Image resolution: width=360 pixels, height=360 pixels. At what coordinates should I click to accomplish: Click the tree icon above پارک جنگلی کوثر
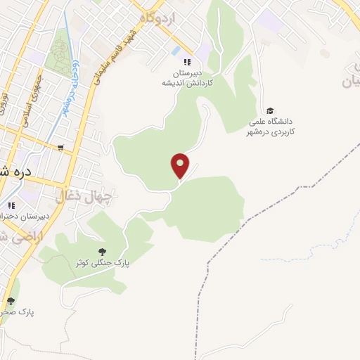103,251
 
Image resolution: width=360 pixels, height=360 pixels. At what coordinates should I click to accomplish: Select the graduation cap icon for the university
270,110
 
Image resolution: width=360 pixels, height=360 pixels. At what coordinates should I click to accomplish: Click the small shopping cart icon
61,148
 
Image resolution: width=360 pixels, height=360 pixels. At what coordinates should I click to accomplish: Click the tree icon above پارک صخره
10,301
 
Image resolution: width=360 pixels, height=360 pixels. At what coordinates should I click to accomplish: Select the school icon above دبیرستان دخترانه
11,205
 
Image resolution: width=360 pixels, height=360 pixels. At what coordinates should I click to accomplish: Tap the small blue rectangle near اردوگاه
174,51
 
